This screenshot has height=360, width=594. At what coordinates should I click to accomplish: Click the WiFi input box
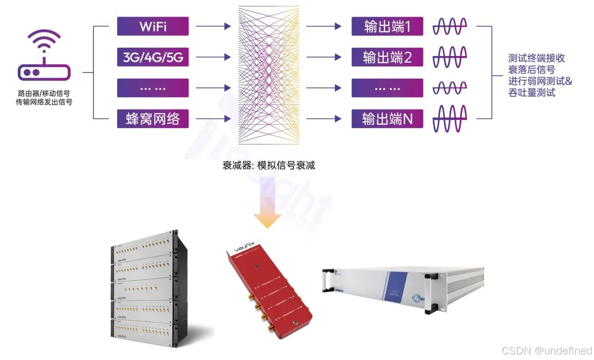click(152, 26)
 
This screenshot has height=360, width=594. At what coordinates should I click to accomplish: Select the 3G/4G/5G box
click(152, 57)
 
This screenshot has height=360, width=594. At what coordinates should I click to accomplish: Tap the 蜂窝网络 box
click(152, 119)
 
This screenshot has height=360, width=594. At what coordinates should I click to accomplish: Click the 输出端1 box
click(387, 26)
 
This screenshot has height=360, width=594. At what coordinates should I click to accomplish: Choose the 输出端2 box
click(387, 57)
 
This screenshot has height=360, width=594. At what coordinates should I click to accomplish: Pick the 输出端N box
click(387, 119)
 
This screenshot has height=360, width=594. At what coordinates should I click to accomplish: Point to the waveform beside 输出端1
click(450, 26)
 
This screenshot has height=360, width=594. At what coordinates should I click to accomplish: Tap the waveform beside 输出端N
click(450, 119)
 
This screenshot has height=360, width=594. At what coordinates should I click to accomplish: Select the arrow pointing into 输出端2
click(323, 57)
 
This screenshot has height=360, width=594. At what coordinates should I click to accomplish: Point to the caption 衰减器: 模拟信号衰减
click(268, 165)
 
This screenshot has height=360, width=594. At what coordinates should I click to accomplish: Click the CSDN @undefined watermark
click(547, 351)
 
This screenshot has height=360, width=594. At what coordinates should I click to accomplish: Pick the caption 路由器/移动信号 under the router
click(44, 94)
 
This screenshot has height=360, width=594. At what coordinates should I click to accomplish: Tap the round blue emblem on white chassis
click(419, 298)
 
